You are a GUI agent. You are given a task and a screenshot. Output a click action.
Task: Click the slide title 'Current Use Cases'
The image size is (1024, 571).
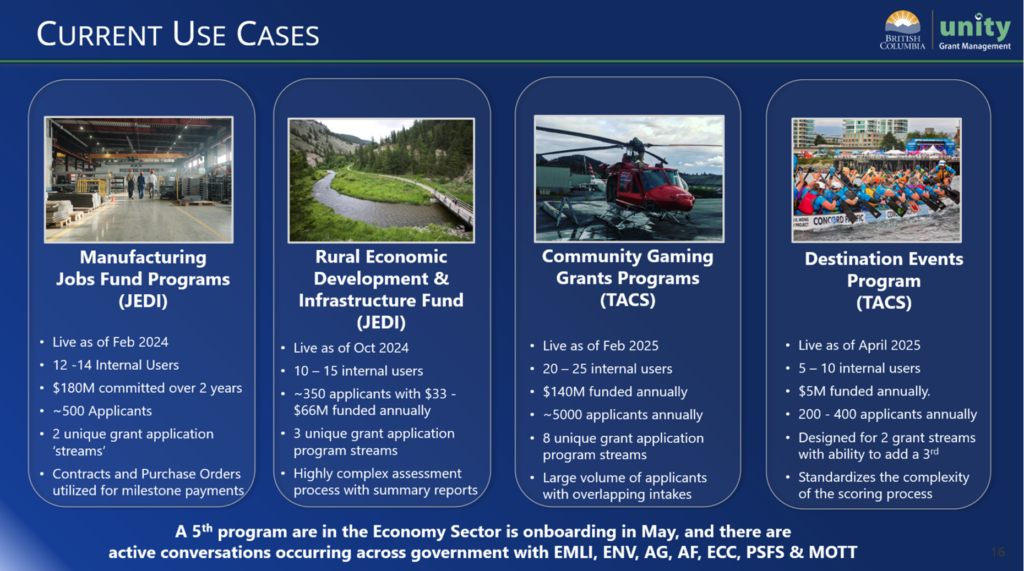pyautogui.click(x=178, y=34)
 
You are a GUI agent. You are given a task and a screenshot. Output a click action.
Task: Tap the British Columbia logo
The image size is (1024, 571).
pyautogui.click(x=902, y=31)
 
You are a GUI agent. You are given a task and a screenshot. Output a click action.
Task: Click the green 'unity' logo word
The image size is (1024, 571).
pyautogui.click(x=974, y=27)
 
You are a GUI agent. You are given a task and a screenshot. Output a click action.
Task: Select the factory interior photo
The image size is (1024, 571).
pyautogui.click(x=138, y=180)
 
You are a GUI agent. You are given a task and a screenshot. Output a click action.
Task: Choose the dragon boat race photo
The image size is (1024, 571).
pyautogui.click(x=876, y=180)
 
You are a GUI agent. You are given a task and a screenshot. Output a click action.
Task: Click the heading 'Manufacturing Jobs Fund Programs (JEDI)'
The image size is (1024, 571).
pyautogui.click(x=143, y=279)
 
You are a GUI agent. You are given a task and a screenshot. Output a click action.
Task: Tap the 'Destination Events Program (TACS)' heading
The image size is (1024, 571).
pyautogui.click(x=884, y=280)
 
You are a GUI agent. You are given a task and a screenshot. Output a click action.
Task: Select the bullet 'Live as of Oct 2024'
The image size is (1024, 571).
pyautogui.click(x=351, y=348)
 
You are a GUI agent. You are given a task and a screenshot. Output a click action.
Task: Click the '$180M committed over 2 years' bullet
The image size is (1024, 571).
pyautogui.click(x=147, y=388)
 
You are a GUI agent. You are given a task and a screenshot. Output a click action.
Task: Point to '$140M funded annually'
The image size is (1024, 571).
pyautogui.click(x=615, y=392)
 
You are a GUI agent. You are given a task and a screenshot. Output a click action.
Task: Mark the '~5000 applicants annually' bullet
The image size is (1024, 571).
pyautogui.click(x=622, y=415)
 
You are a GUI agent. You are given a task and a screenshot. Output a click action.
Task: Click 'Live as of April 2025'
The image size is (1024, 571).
pyautogui.click(x=859, y=346)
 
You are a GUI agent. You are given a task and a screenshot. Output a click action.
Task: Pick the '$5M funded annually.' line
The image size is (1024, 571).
pyautogui.click(x=864, y=391)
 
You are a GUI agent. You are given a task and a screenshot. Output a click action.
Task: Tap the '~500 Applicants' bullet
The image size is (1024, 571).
pyautogui.click(x=102, y=411)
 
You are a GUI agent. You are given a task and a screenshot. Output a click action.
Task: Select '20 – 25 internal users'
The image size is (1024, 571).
pyautogui.click(x=607, y=369)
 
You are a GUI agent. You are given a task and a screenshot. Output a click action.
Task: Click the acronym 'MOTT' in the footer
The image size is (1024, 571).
pyautogui.click(x=833, y=553)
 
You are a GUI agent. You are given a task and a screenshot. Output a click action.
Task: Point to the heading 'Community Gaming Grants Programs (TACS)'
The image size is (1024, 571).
pyautogui.click(x=628, y=278)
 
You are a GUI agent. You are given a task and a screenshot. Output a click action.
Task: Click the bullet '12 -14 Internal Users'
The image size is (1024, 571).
pyautogui.click(x=116, y=365)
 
